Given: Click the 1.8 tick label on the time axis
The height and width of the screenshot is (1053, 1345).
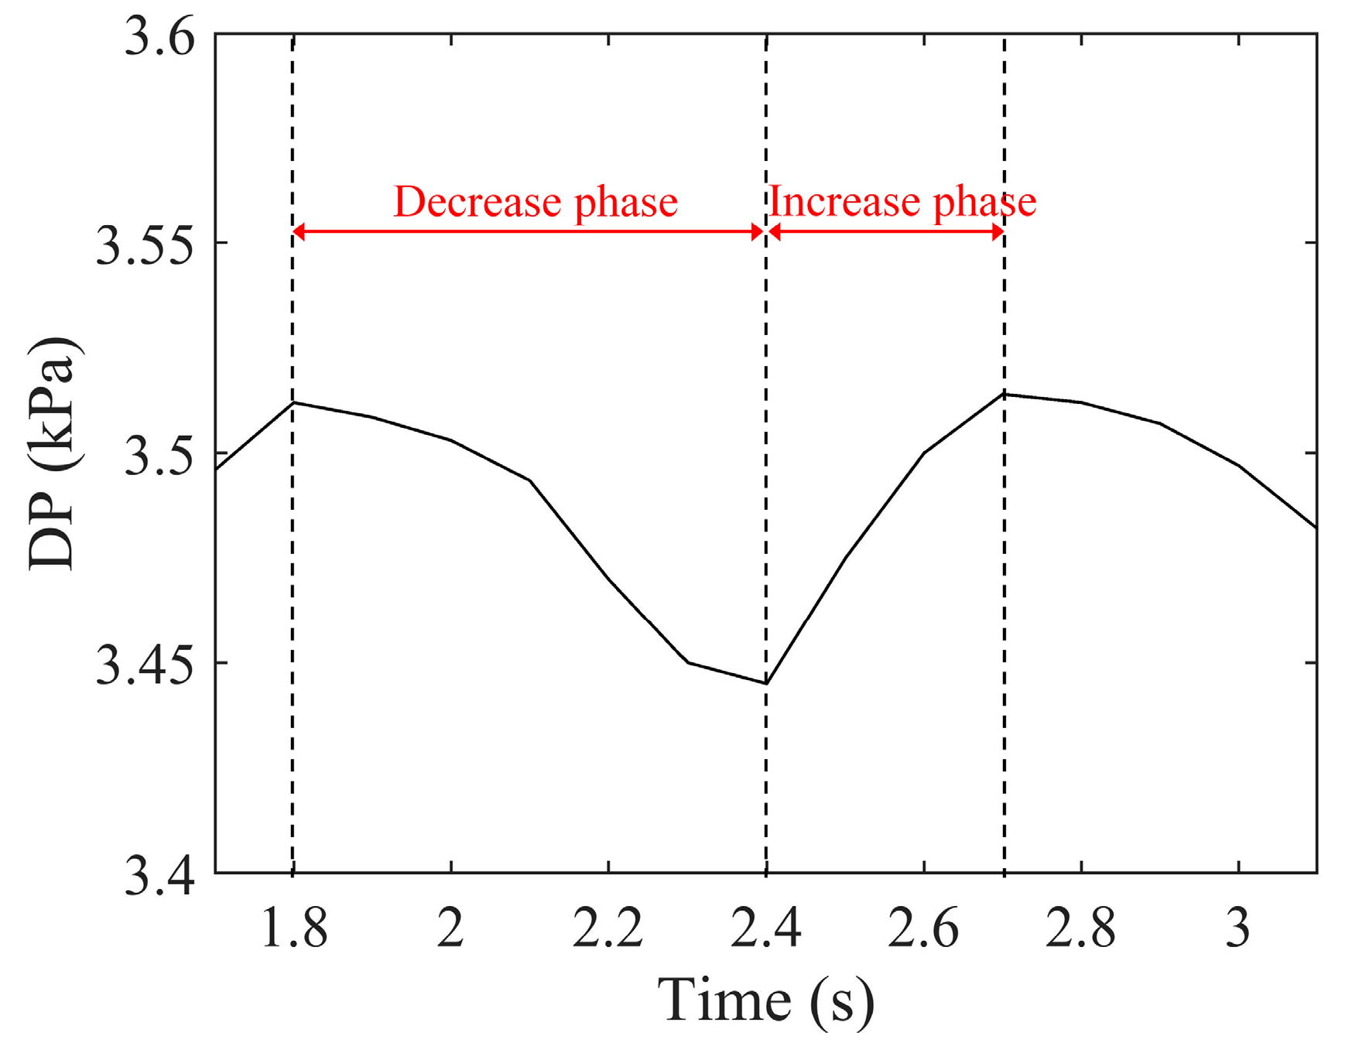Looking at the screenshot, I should (x=294, y=928).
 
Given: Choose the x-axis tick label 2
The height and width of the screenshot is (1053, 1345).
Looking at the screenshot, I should (x=450, y=928).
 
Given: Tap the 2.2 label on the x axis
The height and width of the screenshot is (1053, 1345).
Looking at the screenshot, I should (x=608, y=928).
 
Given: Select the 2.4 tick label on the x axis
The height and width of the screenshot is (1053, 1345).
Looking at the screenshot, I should (x=766, y=928).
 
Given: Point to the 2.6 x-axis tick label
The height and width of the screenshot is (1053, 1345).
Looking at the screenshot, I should (x=923, y=928).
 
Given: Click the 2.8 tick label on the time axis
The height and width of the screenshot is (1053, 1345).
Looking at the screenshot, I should (x=1081, y=928).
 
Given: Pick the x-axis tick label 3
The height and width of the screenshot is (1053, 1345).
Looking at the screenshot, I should (x=1238, y=928).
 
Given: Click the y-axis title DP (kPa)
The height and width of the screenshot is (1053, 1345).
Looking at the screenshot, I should (x=53, y=455).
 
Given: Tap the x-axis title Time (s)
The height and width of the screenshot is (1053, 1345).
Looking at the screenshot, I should (x=766, y=1001).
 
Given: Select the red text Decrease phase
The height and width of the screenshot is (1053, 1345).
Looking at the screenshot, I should (x=536, y=203).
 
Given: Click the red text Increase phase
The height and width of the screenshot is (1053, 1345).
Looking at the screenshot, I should (x=902, y=203).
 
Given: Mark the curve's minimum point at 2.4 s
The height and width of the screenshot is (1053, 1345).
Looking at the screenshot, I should (x=766, y=683).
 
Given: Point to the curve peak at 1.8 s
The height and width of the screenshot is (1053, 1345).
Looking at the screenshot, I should (x=293, y=402).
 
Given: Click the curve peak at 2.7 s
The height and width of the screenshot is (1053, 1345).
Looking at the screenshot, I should (x=1004, y=394).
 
